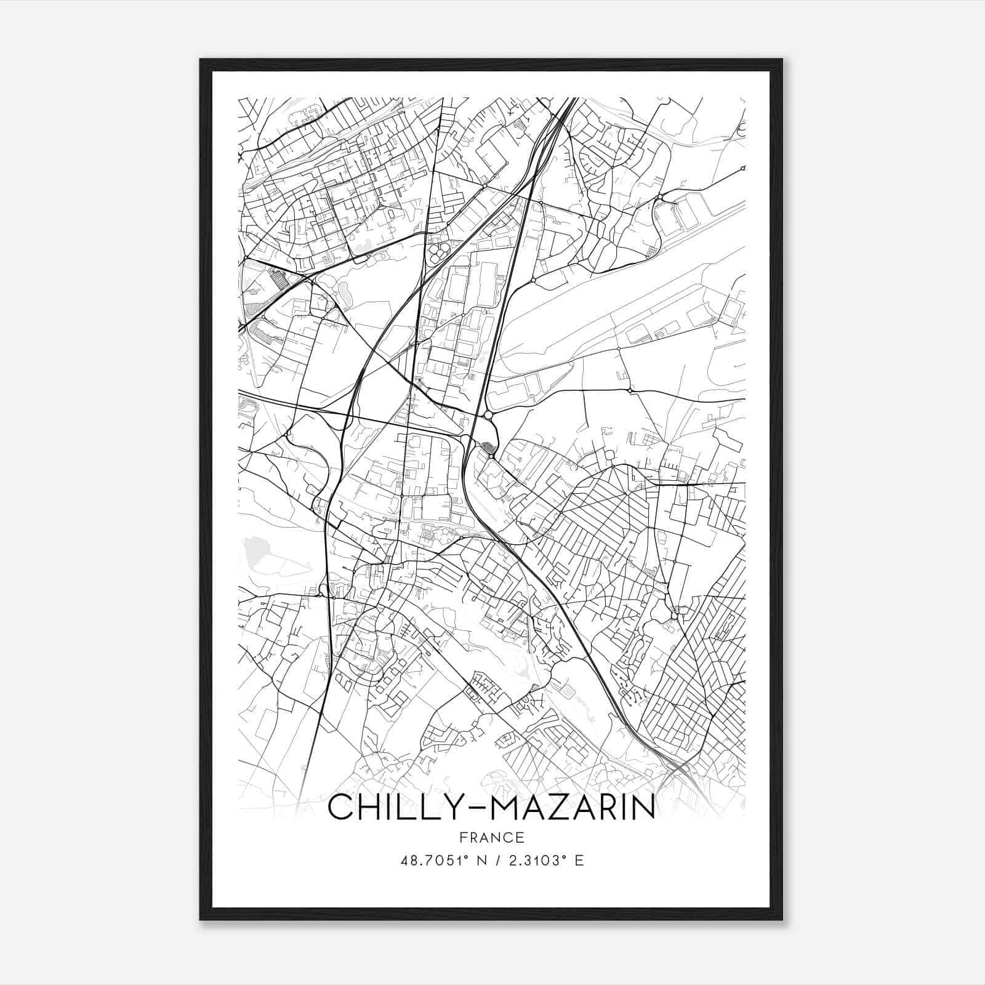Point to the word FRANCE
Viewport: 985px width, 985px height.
(x=492, y=837)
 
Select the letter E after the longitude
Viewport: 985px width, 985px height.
(x=579, y=860)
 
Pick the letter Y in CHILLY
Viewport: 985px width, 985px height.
(x=453, y=807)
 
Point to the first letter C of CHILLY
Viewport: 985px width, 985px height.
(x=340, y=807)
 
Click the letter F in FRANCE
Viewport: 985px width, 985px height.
(x=463, y=837)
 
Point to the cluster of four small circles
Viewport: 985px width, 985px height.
(x=439, y=251)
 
